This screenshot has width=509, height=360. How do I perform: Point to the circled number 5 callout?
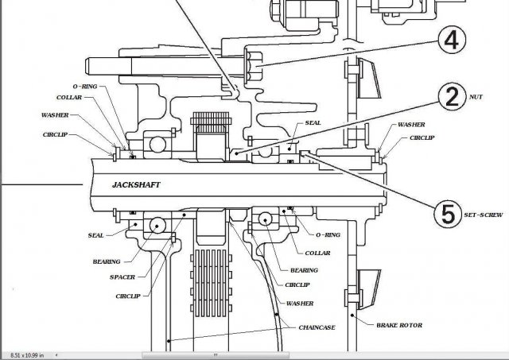[x=447, y=213]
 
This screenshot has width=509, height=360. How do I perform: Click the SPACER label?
[x=122, y=277]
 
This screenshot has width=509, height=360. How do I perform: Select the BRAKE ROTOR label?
[x=400, y=324]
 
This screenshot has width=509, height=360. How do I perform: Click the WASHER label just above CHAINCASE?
[x=300, y=304]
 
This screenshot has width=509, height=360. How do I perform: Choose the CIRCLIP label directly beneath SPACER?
[x=127, y=296]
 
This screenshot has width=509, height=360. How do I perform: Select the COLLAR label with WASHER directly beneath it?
[x=68, y=98]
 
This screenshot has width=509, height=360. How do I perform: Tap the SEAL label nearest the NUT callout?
[x=313, y=125]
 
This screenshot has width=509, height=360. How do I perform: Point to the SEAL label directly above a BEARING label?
[x=95, y=235]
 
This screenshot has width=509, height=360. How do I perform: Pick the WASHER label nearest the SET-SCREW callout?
[x=411, y=125]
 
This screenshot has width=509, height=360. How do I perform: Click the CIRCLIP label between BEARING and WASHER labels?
[x=298, y=284]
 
